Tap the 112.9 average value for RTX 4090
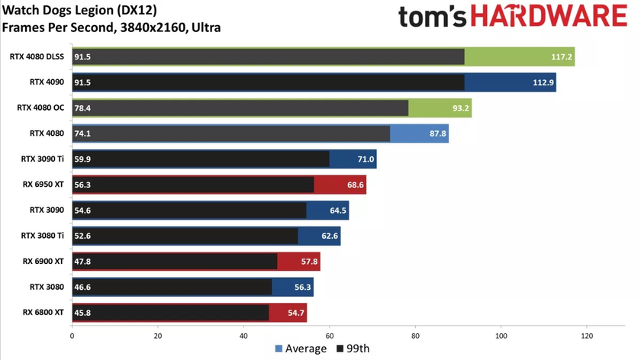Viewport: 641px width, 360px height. (x=542, y=82)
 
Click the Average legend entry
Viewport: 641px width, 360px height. (x=301, y=349)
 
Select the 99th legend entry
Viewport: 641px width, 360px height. (x=354, y=349)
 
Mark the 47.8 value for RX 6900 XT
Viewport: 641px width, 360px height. (x=82, y=262)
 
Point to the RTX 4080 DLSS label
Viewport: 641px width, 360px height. (x=37, y=56)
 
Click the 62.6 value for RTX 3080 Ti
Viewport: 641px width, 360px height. (x=329, y=236)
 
